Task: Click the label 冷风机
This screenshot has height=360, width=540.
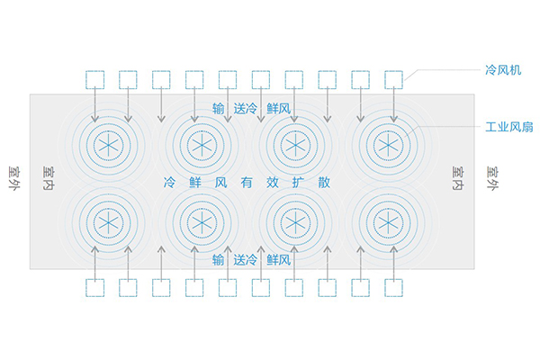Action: click(503, 70)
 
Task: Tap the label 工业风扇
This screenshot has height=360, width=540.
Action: click(509, 127)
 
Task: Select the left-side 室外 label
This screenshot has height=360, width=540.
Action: click(14, 178)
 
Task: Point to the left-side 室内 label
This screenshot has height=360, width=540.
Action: click(49, 178)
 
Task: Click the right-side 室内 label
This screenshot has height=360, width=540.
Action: click(458, 178)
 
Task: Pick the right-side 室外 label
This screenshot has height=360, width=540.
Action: click(493, 178)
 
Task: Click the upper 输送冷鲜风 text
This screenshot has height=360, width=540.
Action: click(251, 109)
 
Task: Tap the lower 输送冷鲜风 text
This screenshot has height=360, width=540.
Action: click(251, 260)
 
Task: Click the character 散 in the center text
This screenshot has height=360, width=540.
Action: click(324, 182)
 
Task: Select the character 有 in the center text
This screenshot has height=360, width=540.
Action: click(247, 182)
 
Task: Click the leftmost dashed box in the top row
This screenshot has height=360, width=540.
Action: click(95, 79)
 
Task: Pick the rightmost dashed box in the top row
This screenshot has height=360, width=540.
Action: click(393, 79)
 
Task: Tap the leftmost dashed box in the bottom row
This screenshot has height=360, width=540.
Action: click(95, 288)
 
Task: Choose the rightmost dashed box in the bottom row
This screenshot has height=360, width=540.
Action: click(393, 288)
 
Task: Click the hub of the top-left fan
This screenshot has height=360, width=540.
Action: click(109, 146)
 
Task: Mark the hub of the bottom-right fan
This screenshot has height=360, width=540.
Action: click(388, 222)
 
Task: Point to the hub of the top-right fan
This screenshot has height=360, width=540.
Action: click(388, 146)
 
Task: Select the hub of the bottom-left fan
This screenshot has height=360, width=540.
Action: click(109, 222)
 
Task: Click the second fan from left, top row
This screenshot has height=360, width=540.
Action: click(202, 146)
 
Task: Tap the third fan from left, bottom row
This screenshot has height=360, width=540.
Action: click(295, 222)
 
